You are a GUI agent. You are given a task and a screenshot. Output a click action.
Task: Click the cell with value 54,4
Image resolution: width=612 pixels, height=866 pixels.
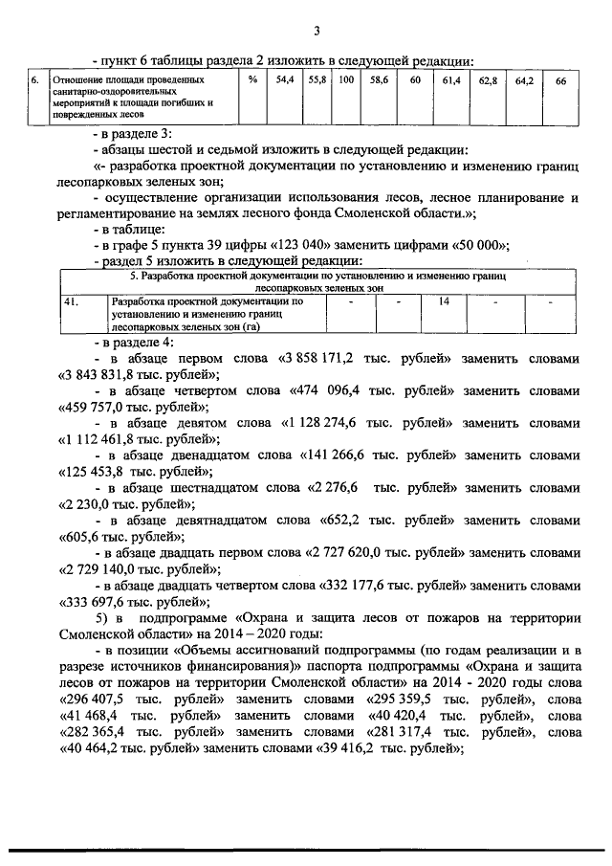pos(284,81)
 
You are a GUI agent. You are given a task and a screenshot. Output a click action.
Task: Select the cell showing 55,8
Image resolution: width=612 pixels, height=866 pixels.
pos(317,81)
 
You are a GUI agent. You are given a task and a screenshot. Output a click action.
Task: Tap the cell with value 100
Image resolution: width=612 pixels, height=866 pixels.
pos(346,81)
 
